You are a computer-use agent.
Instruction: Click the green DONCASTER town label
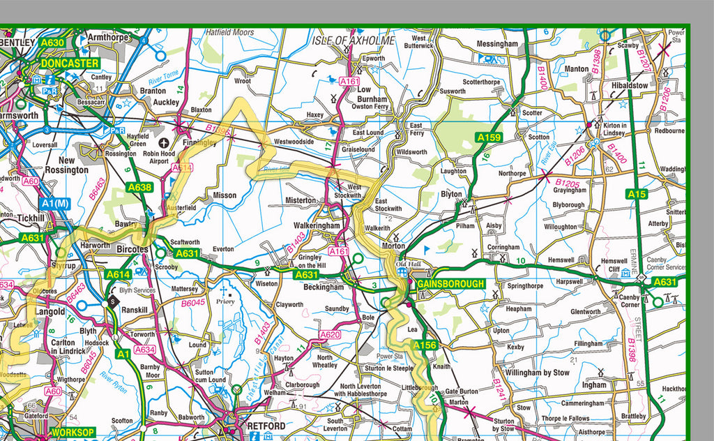point(70,63)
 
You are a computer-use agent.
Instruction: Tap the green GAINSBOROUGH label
point(450,284)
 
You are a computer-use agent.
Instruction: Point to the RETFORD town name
point(266,426)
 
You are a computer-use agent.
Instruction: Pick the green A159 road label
point(489,137)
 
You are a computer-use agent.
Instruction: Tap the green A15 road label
point(637,194)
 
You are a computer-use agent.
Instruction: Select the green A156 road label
point(424,345)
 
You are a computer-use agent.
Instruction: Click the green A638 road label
point(139,187)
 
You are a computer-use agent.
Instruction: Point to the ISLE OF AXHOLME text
point(353,40)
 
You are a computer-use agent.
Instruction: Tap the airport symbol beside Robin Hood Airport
point(165,142)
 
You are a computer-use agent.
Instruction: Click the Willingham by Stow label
point(538,373)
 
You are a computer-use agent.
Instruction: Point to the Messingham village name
point(497,43)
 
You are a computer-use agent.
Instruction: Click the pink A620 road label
point(330,335)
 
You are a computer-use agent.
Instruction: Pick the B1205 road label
point(568,184)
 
